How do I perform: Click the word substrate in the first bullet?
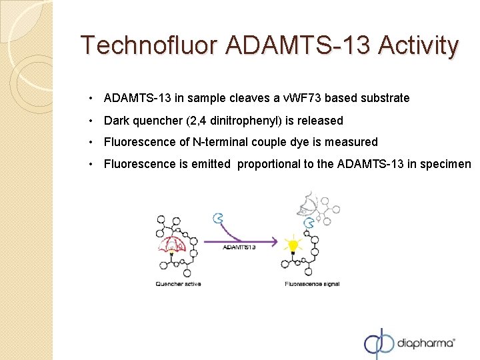coord(385,99)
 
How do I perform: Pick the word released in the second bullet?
coord(322,121)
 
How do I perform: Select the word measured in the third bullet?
coord(353,142)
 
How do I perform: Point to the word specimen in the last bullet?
coord(447,164)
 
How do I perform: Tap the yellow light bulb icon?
coord(293,245)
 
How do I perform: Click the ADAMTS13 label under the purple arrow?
coord(239,247)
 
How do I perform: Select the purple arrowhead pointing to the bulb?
coord(274,241)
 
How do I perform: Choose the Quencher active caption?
coord(178,283)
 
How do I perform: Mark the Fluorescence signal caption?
coord(312,283)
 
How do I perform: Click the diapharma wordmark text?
coord(427,344)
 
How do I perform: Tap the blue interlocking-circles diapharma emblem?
coord(379,344)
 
